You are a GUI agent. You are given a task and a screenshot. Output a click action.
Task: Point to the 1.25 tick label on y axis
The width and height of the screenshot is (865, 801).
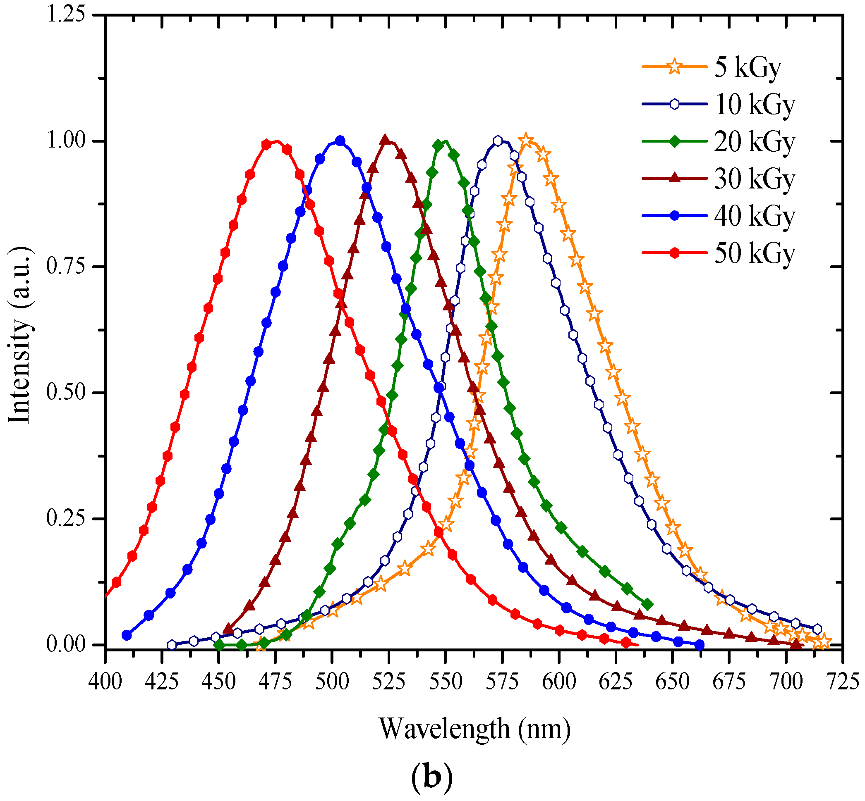[65, 15]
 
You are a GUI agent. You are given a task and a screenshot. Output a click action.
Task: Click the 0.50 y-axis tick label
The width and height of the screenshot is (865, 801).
[65, 393]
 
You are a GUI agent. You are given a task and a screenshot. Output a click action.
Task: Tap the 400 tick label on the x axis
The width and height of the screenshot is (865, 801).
[105, 682]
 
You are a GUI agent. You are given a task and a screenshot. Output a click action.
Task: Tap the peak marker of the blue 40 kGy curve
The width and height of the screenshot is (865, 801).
[340, 141]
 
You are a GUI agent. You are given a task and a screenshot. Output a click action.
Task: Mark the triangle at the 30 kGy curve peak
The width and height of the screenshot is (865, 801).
[385, 140]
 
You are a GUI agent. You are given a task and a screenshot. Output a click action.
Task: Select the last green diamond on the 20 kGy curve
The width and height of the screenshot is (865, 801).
[647, 605]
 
